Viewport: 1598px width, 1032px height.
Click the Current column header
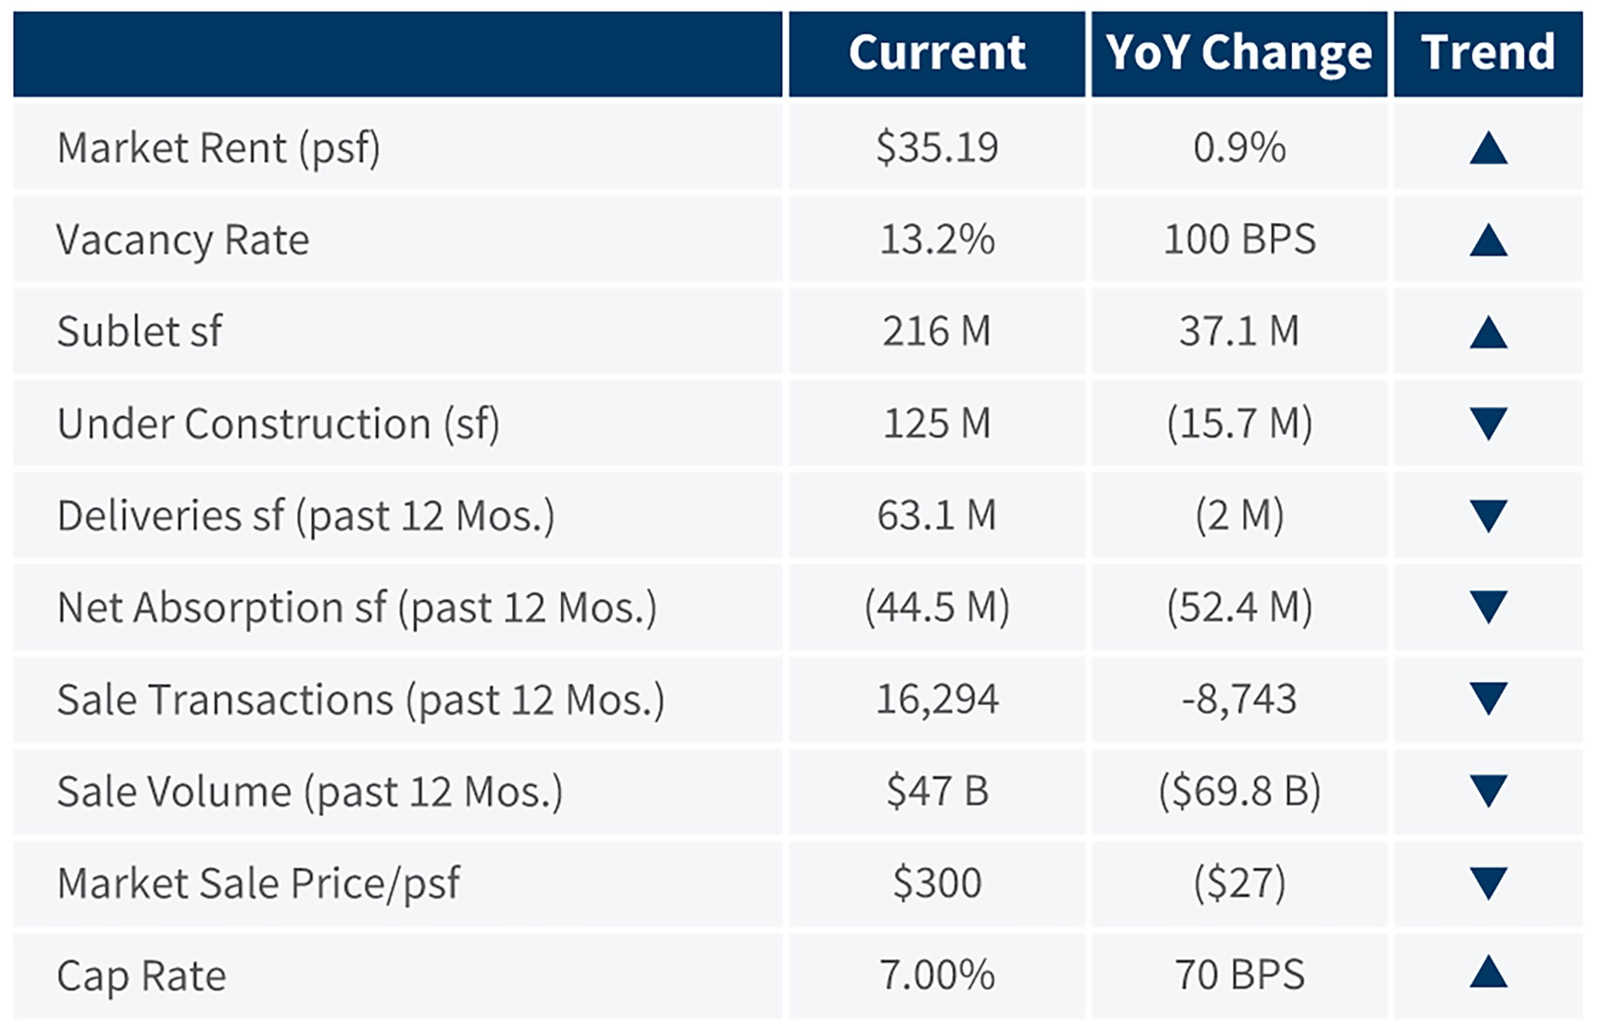pyautogui.click(x=936, y=53)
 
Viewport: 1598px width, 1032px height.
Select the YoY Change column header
pyautogui.click(x=1239, y=53)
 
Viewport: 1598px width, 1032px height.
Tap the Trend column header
pyautogui.click(x=1488, y=53)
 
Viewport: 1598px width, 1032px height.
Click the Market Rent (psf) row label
pyautogui.click(x=218, y=148)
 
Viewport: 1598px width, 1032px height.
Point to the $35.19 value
pyautogui.click(x=936, y=148)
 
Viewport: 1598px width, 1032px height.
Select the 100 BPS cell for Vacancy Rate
pyautogui.click(x=1239, y=240)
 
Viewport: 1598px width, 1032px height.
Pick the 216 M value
pyautogui.click(x=936, y=332)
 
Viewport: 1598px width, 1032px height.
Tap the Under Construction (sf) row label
pyautogui.click(x=278, y=424)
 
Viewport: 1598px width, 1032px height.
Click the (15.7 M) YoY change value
pyautogui.click(x=1239, y=424)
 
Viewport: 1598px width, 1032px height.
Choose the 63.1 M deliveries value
pyautogui.click(x=936, y=516)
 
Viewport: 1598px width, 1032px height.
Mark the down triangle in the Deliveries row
pyautogui.click(x=1488, y=516)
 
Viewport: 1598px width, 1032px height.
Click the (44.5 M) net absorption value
pyautogui.click(x=936, y=608)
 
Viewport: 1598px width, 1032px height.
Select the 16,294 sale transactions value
pyautogui.click(x=936, y=699)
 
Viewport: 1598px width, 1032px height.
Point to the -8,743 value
pyautogui.click(x=1239, y=699)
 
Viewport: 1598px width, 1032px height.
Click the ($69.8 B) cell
pyautogui.click(x=1239, y=791)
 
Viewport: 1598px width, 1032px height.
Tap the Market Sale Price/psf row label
pyautogui.click(x=258, y=883)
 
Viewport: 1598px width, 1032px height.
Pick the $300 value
pyautogui.click(x=936, y=883)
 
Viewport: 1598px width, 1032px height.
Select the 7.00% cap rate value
pyautogui.click(x=936, y=975)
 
